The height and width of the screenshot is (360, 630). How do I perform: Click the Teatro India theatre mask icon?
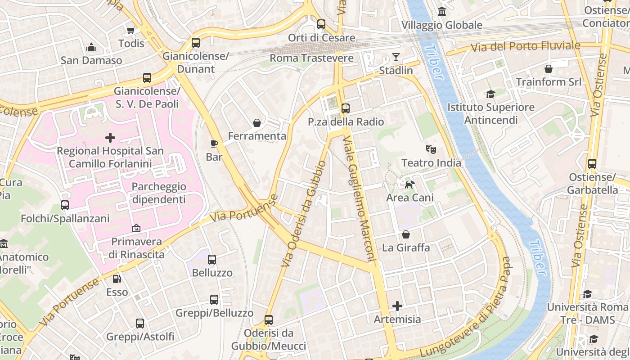tap(431, 149)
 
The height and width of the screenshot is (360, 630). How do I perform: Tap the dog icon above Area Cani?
tap(409, 184)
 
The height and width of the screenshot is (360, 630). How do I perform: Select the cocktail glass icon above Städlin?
tap(396, 57)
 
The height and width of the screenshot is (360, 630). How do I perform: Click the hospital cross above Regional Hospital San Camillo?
tap(110, 137)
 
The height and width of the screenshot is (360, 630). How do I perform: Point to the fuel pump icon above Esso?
tap(117, 279)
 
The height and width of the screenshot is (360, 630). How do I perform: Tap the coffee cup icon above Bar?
tap(214, 144)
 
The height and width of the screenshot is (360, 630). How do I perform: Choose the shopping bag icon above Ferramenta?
tap(257, 123)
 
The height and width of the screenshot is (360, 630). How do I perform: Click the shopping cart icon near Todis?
tap(131, 30)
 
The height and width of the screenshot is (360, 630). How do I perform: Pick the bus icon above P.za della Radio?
tap(346, 108)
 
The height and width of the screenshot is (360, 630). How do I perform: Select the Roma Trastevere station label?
tap(311, 58)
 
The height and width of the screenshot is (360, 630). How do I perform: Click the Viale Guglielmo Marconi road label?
tap(359, 198)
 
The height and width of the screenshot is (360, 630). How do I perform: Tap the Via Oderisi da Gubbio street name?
tap(304, 214)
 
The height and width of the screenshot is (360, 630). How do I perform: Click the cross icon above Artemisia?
tap(397, 306)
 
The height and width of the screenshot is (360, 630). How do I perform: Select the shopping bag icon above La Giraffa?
tap(406, 234)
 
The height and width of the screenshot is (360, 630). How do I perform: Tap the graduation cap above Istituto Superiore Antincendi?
tap(490, 94)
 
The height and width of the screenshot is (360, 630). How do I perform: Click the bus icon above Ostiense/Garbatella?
tap(592, 164)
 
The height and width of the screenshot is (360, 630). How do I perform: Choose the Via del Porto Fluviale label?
tap(526, 46)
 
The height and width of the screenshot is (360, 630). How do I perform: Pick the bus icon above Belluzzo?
tap(212, 260)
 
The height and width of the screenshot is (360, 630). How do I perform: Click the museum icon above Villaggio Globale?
tap(442, 12)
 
